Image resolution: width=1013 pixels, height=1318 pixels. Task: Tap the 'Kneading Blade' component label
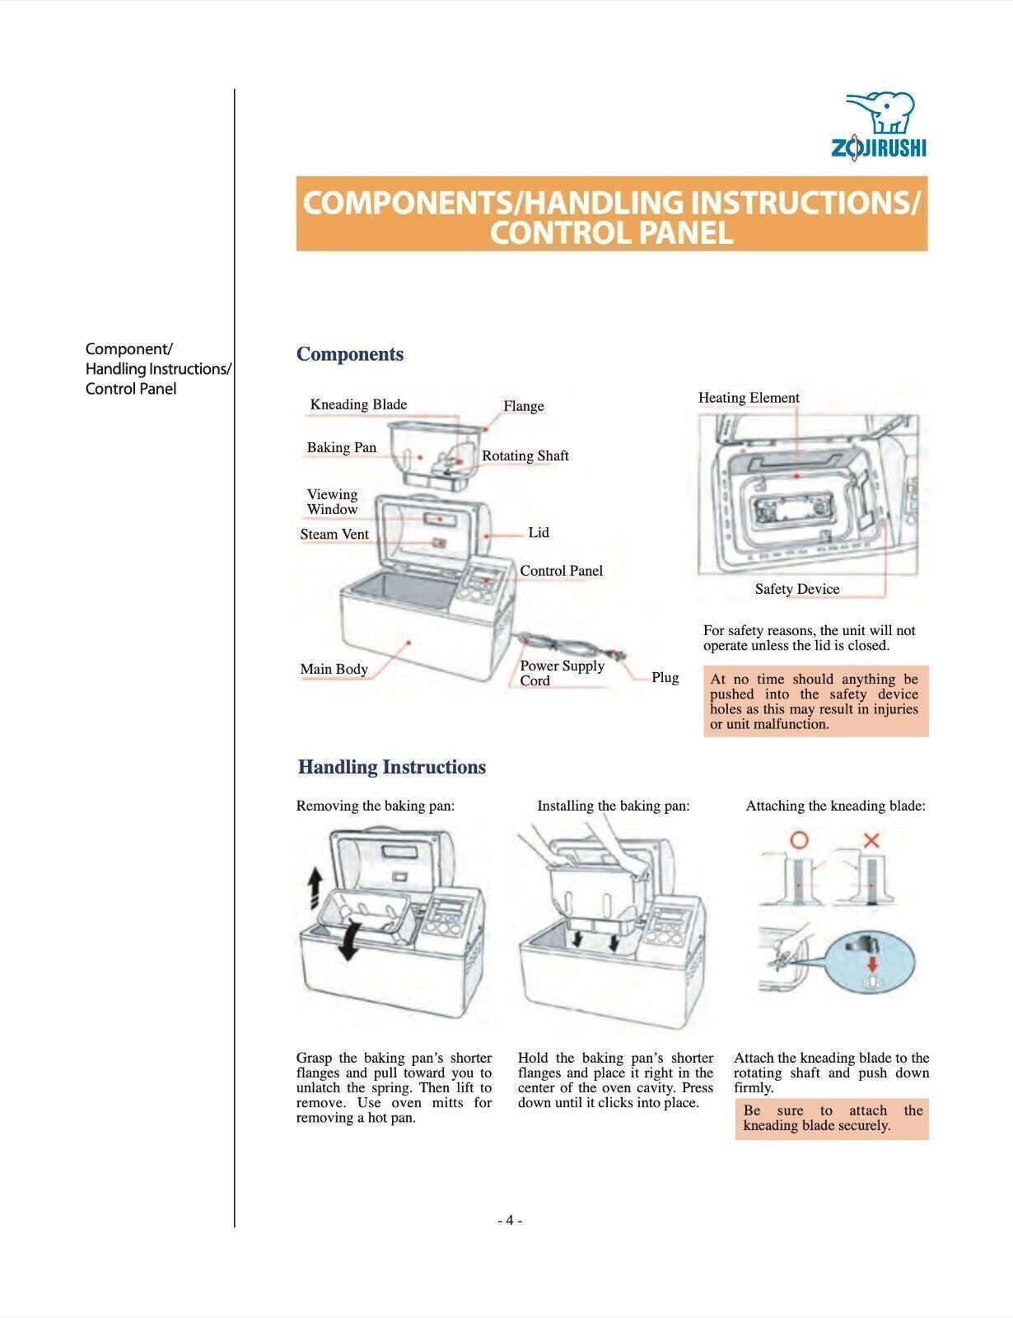click(x=358, y=404)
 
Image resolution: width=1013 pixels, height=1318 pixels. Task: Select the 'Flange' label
click(x=524, y=406)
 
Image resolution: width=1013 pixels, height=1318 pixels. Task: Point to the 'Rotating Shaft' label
click(x=525, y=456)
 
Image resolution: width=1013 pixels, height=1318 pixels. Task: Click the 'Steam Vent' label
click(x=334, y=534)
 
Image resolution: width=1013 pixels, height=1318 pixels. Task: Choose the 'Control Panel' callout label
click(x=561, y=571)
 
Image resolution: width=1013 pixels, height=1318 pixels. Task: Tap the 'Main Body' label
click(x=334, y=669)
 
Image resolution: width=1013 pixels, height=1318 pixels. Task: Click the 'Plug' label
click(x=665, y=677)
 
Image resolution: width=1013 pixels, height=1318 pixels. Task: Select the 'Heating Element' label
click(x=749, y=398)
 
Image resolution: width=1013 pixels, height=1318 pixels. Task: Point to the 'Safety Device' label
click(x=796, y=589)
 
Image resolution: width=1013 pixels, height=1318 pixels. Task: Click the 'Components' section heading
click(x=350, y=354)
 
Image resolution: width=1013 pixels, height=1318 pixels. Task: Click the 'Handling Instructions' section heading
click(x=391, y=767)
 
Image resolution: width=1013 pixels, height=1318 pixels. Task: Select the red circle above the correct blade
click(x=799, y=840)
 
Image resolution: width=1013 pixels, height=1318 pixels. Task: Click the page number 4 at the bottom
click(x=510, y=1220)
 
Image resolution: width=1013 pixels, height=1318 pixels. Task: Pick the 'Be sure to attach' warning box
click(x=832, y=1118)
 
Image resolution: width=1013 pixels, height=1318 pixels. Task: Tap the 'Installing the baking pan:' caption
click(x=613, y=806)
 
